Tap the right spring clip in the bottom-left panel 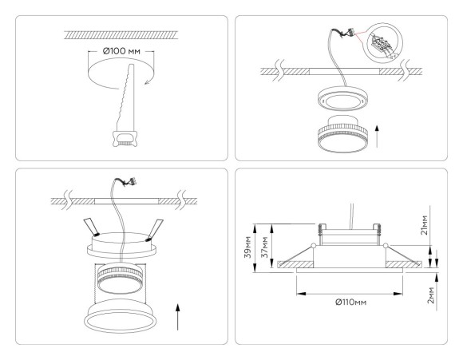click(153, 227)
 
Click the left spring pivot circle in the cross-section click(314, 246)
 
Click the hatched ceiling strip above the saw click(120, 34)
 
